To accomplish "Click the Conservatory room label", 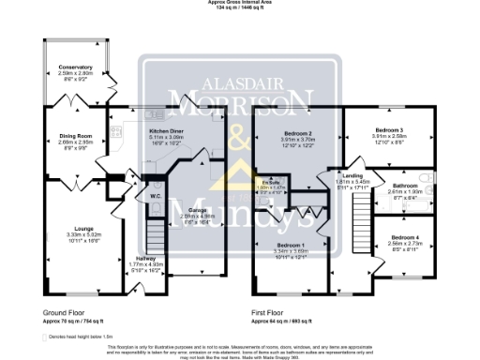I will coord(76,67).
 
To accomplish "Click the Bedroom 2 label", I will coord(297,134).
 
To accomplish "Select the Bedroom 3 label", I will coord(389,128).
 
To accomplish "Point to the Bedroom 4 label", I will coord(405,237).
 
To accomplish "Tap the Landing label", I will coord(352,175).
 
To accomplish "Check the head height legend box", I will coord(47,335).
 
